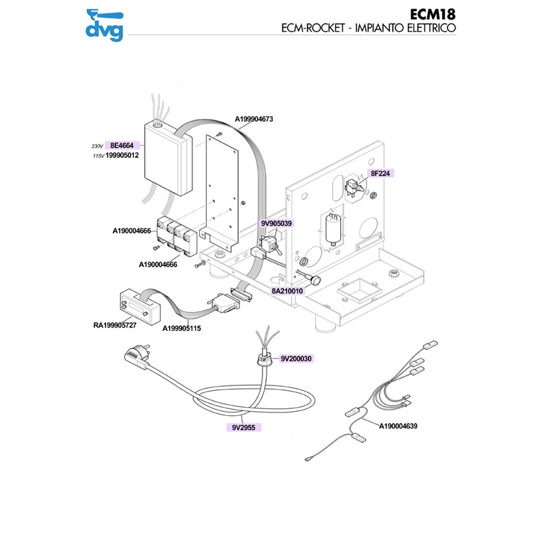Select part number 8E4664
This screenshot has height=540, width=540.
click(x=122, y=145)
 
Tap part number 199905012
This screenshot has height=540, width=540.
click(x=122, y=155)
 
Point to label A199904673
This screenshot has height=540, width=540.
click(x=254, y=119)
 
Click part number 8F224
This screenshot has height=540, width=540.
click(x=381, y=173)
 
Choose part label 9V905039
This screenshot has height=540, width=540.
click(x=277, y=223)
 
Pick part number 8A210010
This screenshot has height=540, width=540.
click(x=288, y=291)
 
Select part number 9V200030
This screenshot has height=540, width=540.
click(x=296, y=358)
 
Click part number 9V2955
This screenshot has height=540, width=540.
click(x=242, y=427)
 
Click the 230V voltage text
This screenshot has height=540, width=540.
click(x=97, y=146)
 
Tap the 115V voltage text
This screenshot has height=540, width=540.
click(x=97, y=156)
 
